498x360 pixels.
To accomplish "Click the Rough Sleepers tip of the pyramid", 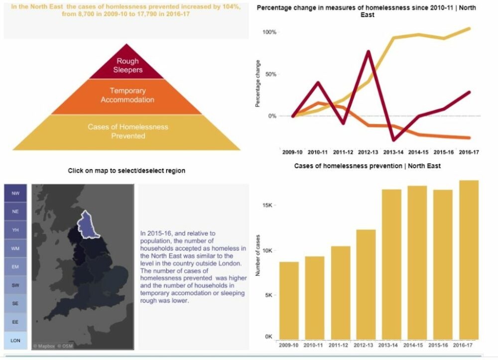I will click(126, 66).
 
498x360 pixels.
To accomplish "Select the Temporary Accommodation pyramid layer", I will click(127, 96).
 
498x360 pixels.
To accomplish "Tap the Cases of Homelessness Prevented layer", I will click(127, 131).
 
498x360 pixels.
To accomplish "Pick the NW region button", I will click(15, 193).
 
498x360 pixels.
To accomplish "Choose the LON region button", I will click(15, 341).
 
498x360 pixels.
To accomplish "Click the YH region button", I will click(15, 230).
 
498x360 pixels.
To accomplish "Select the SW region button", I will click(15, 285).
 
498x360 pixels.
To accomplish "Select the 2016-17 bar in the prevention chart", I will click(469, 259).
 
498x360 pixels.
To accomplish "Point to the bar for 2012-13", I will click(366, 284).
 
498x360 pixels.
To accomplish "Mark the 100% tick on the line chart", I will click(269, 32).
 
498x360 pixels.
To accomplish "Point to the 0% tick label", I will click(272, 116).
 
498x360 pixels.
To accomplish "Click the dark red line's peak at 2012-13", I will click(369, 51).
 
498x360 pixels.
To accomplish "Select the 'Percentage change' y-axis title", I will click(257, 84).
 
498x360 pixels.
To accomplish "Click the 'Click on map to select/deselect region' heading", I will click(126, 171).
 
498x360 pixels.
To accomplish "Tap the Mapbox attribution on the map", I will click(43, 346).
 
